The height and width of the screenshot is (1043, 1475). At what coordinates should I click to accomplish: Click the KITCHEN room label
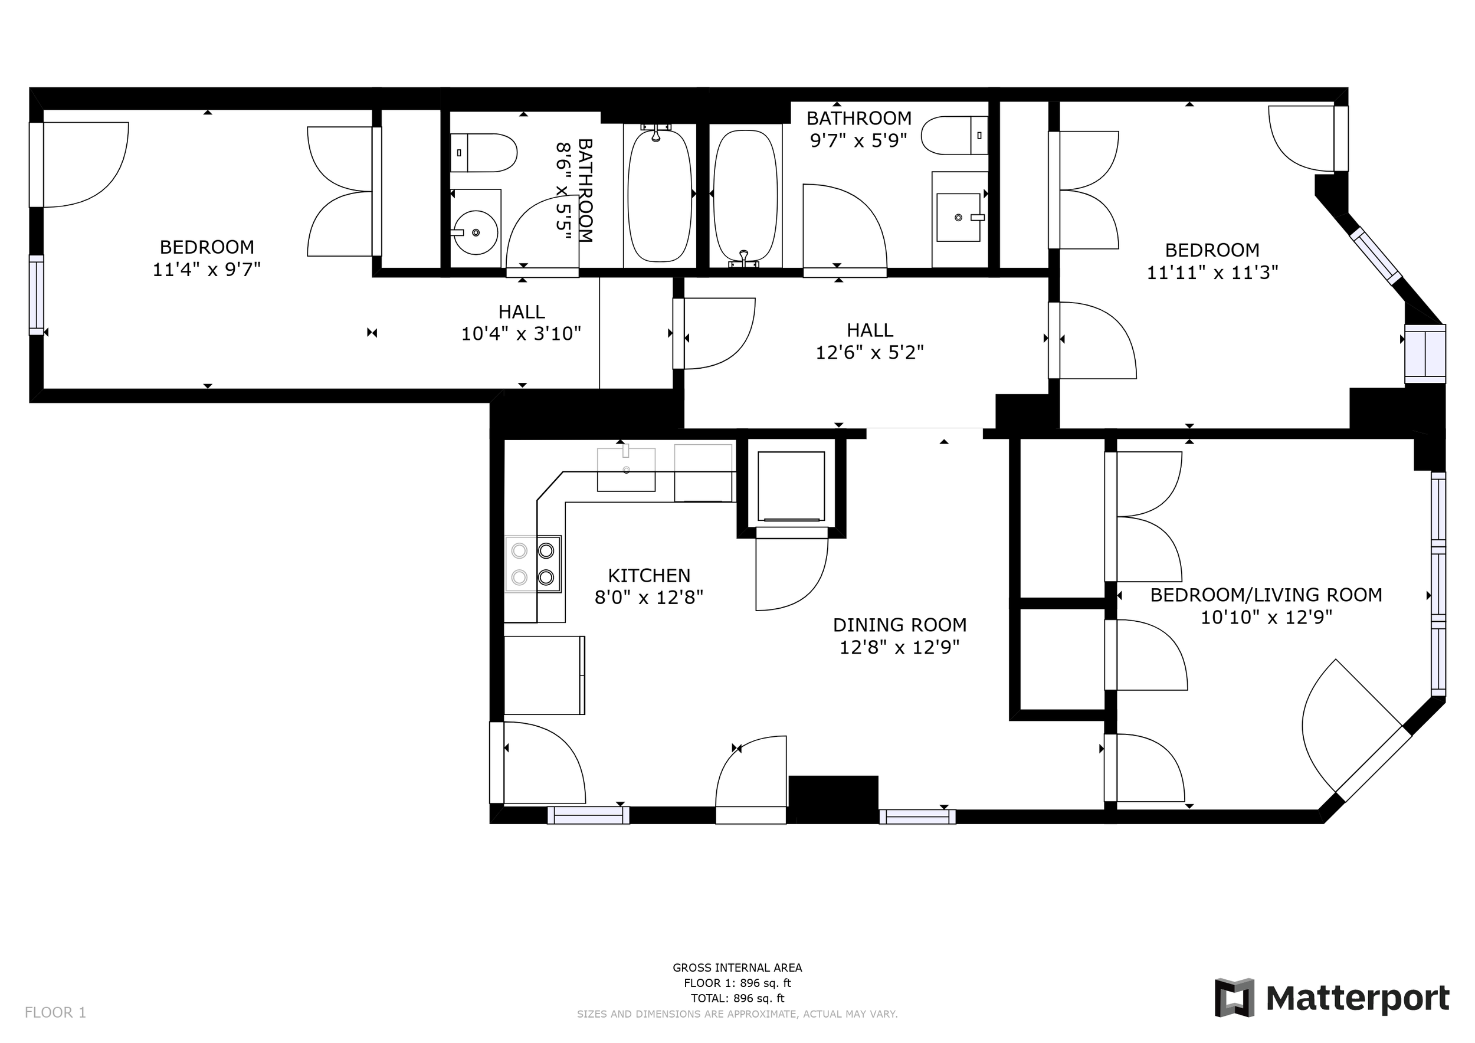pyautogui.click(x=649, y=575)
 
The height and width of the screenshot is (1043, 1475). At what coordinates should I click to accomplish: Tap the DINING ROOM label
pyautogui.click(x=899, y=625)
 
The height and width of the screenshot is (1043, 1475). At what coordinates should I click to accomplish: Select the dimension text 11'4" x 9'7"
pyautogui.click(x=206, y=270)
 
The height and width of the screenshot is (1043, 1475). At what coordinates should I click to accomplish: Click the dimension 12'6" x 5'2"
pyautogui.click(x=869, y=353)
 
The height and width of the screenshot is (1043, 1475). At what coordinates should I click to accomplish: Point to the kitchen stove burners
pyautogui.click(x=533, y=564)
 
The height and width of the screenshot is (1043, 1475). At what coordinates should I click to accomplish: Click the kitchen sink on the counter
pyautogui.click(x=626, y=470)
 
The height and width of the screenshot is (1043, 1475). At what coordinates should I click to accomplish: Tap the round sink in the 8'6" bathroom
pyautogui.click(x=476, y=232)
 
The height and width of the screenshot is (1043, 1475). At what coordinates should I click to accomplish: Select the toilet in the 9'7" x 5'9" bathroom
pyautogui.click(x=953, y=136)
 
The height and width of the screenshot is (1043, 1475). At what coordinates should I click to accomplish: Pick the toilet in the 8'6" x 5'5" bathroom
pyautogui.click(x=484, y=153)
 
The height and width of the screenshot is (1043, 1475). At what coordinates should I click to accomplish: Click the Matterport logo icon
pyautogui.click(x=1234, y=998)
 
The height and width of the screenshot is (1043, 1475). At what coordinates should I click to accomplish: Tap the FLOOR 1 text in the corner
pyautogui.click(x=55, y=1013)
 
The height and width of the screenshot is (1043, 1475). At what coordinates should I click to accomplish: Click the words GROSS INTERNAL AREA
pyautogui.click(x=737, y=968)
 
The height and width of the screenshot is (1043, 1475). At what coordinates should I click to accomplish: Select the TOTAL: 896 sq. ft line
pyautogui.click(x=737, y=999)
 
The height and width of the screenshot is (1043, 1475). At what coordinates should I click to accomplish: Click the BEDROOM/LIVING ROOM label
pyautogui.click(x=1266, y=595)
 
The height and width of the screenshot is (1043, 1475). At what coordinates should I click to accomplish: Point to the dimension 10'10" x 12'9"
pyautogui.click(x=1266, y=618)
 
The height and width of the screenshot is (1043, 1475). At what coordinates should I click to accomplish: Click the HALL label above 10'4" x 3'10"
pyautogui.click(x=521, y=312)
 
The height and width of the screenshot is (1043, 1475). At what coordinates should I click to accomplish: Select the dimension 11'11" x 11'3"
pyautogui.click(x=1212, y=273)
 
